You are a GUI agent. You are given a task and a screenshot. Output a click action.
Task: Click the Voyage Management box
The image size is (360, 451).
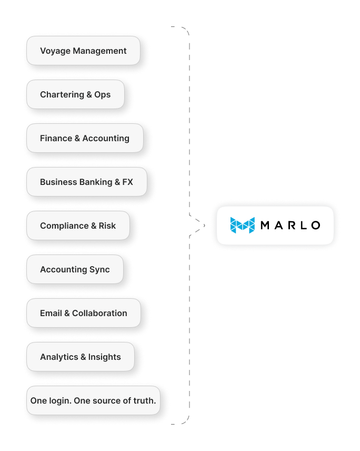tap(83, 51)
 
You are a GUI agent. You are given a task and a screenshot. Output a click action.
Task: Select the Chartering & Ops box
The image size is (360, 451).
tap(75, 95)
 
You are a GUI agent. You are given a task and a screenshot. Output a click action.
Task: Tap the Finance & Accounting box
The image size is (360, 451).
tap(84, 139)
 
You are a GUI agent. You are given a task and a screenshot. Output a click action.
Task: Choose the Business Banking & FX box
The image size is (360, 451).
tap(86, 182)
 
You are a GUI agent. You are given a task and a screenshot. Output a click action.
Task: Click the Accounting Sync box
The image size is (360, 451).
tap(75, 270)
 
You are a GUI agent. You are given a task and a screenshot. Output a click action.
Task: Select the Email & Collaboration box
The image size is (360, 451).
tap(83, 313)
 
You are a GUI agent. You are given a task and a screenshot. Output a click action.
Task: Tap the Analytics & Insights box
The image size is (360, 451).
tap(80, 357)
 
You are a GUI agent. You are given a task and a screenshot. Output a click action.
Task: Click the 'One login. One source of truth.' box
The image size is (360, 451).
tap(93, 401)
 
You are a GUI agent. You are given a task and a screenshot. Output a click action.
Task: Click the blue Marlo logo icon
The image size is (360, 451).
tap(242, 226)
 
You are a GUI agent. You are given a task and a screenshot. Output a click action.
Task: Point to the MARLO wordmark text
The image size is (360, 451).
tap(290, 226)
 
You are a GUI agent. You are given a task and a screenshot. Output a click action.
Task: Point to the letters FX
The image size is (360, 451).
tap(127, 182)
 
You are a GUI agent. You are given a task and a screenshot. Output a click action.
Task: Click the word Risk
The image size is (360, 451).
tap(107, 226)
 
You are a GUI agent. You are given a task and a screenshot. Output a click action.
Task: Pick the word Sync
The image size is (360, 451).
tap(99, 270)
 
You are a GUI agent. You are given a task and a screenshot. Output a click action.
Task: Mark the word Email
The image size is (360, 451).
tap(51, 313)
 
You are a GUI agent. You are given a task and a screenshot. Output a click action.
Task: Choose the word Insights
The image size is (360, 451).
tap(104, 357)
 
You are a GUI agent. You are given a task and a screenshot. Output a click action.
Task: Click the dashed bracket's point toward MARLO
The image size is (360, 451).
tap(204, 226)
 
